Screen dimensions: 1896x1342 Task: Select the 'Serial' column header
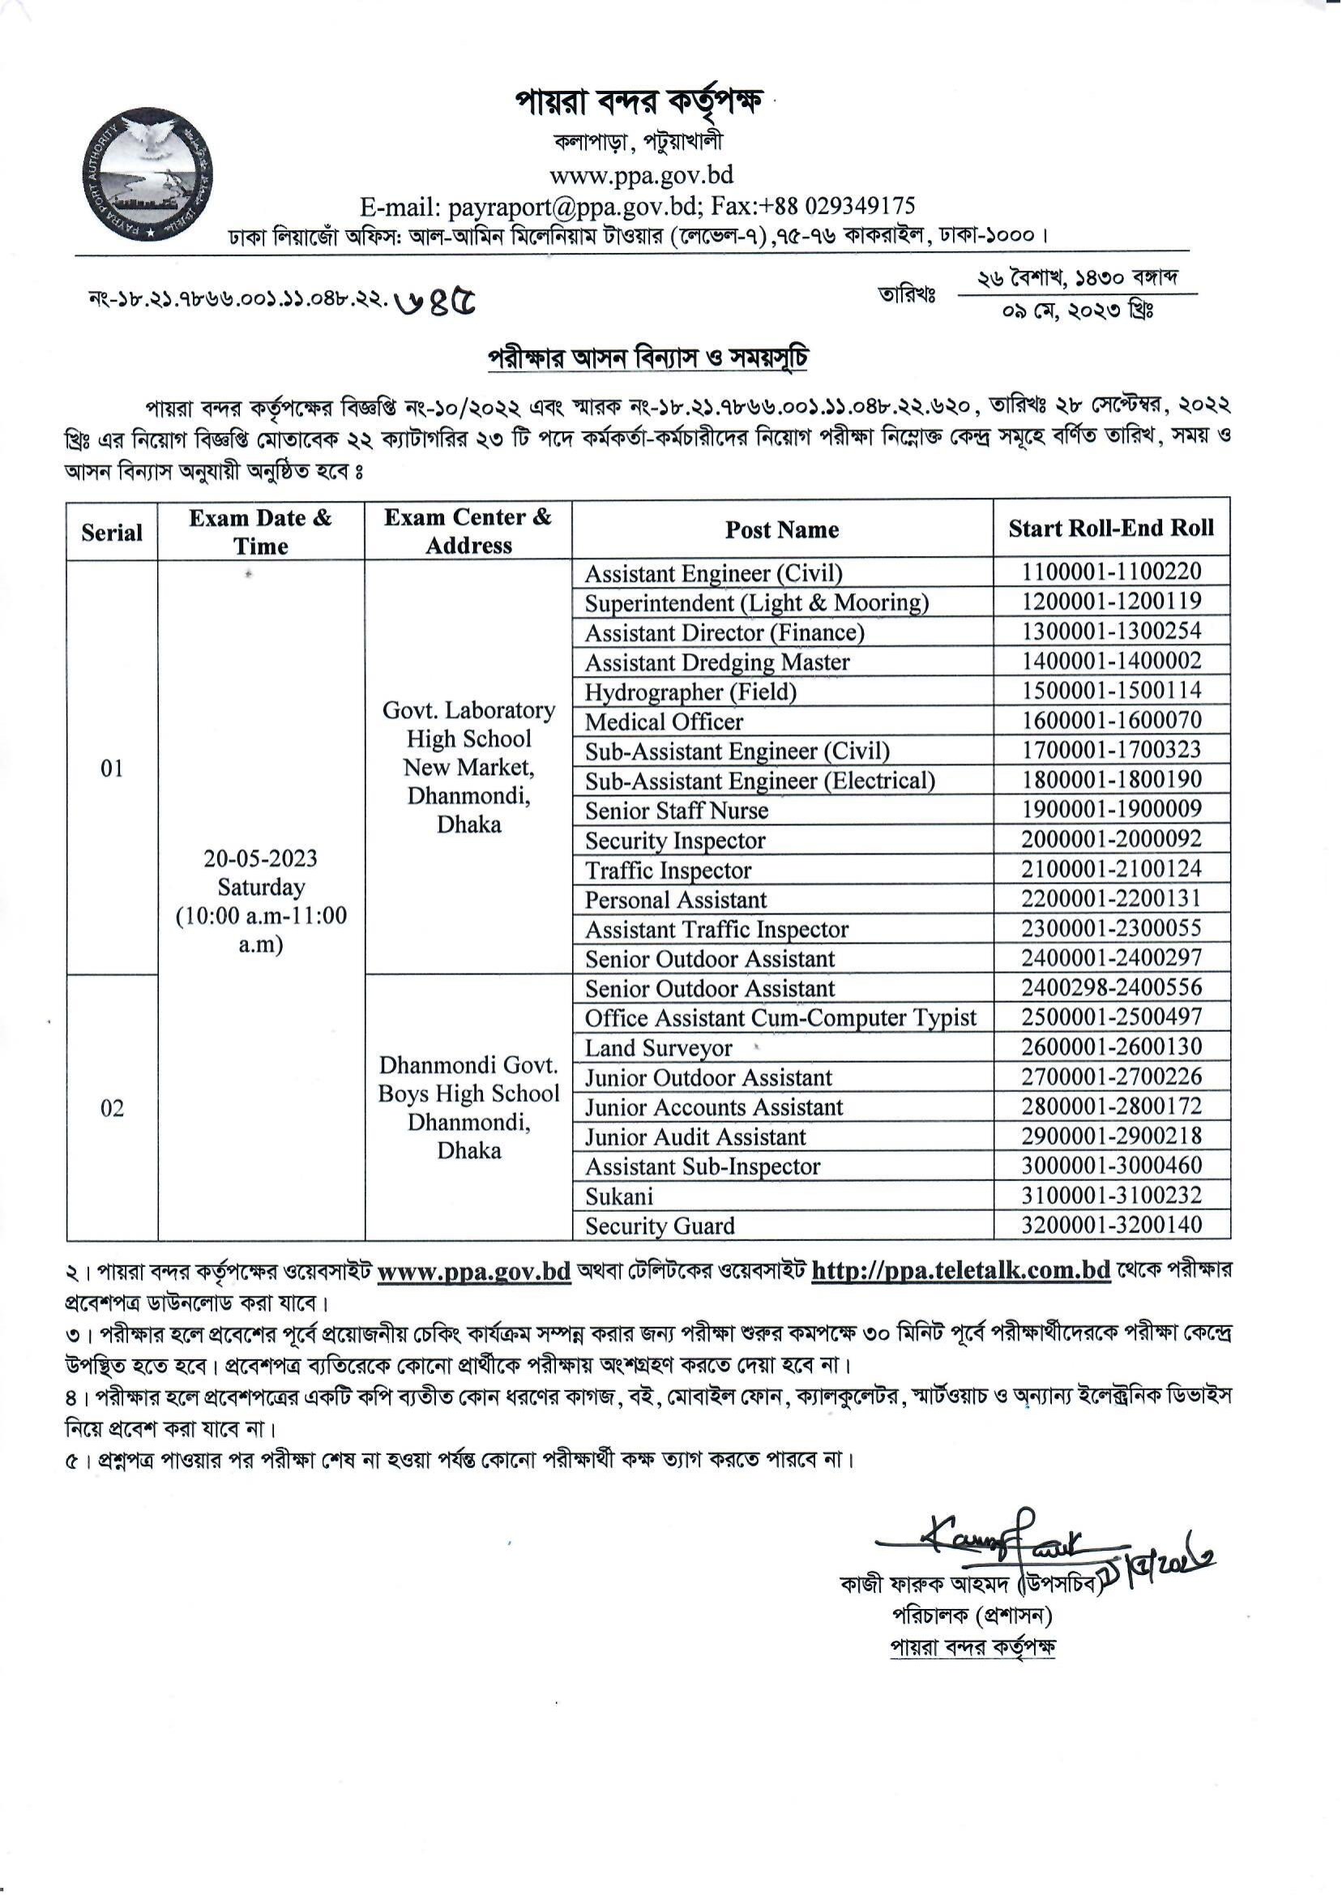click(112, 533)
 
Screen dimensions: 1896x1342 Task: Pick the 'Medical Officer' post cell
click(664, 721)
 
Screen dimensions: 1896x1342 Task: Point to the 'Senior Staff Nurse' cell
click(676, 811)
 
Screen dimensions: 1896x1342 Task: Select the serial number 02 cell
click(112, 1108)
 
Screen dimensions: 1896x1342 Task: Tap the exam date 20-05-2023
click(260, 858)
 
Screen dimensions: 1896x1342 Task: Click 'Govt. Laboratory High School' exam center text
click(468, 725)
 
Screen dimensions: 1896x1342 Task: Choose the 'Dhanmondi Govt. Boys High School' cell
click(468, 1081)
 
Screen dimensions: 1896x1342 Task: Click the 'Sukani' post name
click(619, 1196)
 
